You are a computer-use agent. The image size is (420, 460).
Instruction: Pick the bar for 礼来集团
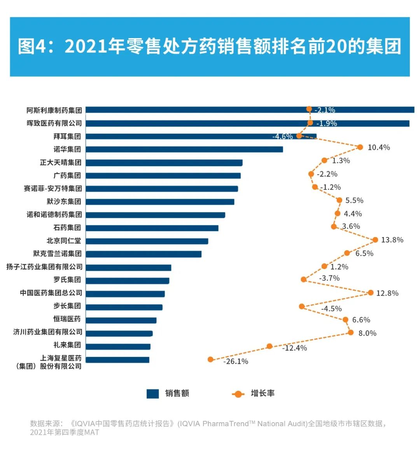[x=118, y=346]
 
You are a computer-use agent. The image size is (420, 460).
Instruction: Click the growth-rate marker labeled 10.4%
[x=360, y=147]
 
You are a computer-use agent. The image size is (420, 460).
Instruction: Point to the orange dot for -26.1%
[x=210, y=359]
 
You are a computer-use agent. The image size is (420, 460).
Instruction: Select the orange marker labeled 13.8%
[x=375, y=240]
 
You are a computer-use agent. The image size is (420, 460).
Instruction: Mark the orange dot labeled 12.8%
[x=371, y=292]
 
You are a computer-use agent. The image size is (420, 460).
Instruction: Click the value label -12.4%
[x=294, y=348]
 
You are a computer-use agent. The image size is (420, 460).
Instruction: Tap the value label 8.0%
[x=367, y=333]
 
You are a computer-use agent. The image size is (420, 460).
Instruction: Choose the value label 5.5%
[x=354, y=200]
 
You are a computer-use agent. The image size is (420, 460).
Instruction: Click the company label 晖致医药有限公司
[x=54, y=123]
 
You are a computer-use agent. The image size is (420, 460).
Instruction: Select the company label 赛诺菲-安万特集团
[x=52, y=188]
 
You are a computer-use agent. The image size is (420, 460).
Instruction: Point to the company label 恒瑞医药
[x=67, y=319]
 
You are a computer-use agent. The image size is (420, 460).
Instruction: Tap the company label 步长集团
[x=67, y=306]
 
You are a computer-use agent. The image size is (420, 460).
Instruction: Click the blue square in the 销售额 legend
[x=152, y=393]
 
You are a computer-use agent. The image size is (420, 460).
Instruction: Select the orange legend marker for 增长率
[x=238, y=394]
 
